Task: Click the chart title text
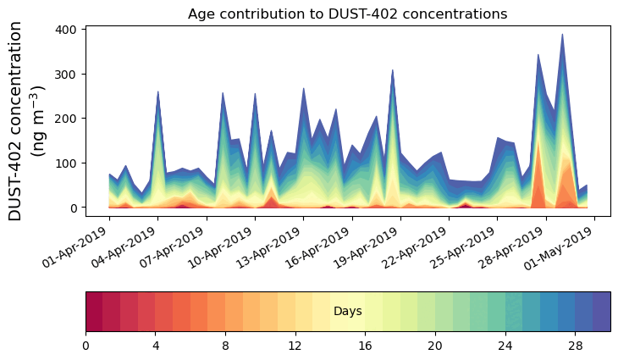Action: [347, 14]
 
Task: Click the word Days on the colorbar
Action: [348, 312]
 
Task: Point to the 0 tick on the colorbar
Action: [86, 346]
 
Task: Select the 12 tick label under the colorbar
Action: [295, 346]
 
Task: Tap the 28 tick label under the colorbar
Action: [576, 346]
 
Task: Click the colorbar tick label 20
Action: [435, 346]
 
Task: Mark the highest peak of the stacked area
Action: [562, 36]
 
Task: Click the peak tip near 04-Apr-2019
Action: [158, 92]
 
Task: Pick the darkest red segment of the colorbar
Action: [94, 311]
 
